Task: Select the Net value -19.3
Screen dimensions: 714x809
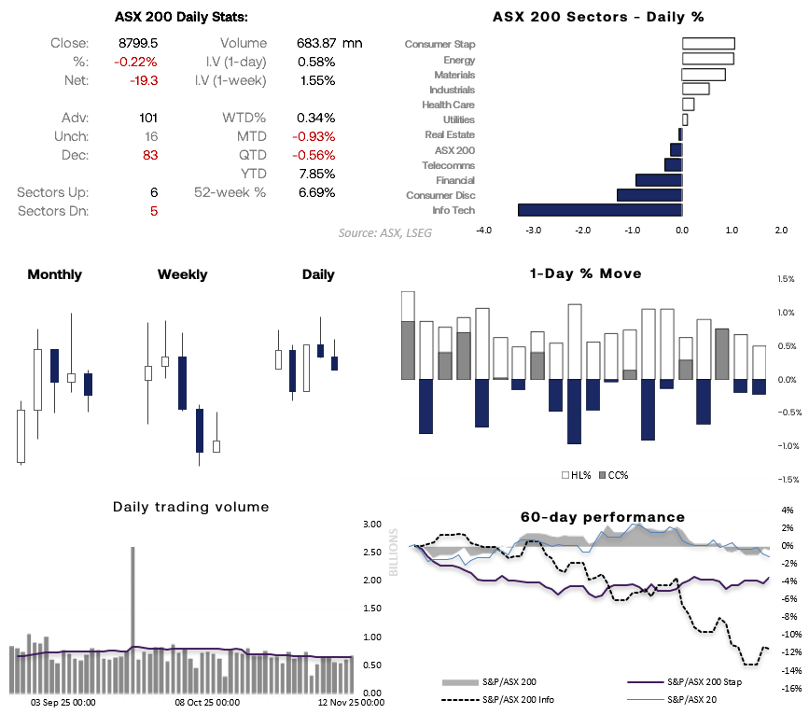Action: (x=145, y=81)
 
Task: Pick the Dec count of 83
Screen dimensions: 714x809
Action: (x=149, y=156)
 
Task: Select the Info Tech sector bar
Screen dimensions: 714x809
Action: (x=599, y=210)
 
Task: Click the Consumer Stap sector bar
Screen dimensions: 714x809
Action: (x=708, y=44)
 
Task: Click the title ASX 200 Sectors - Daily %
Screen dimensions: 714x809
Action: (x=598, y=17)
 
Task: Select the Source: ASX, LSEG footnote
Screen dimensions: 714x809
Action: (x=384, y=231)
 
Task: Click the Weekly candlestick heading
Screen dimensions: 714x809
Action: (x=182, y=274)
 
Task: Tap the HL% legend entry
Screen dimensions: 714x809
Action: (x=574, y=475)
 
